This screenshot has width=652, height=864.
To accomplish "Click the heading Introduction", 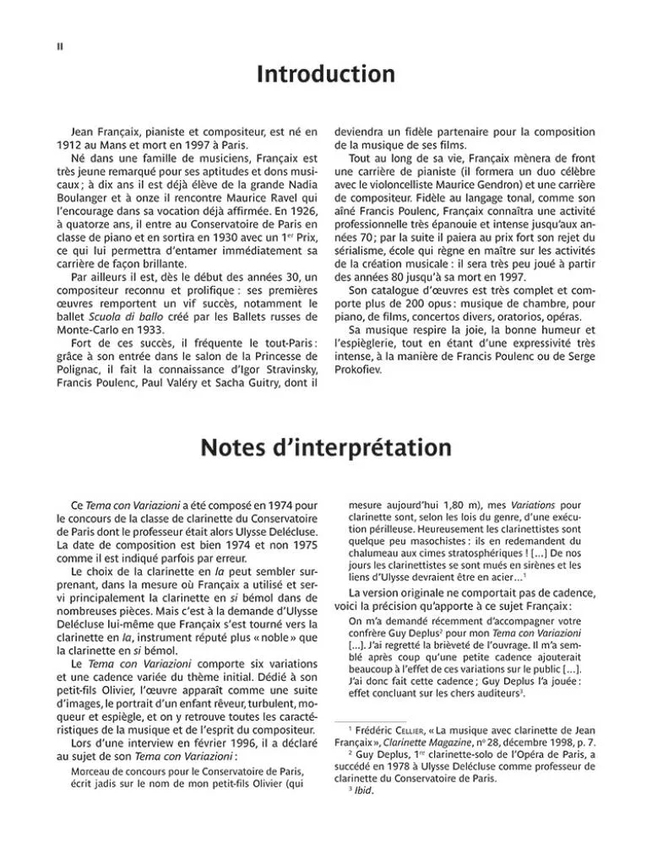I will [325, 75].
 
